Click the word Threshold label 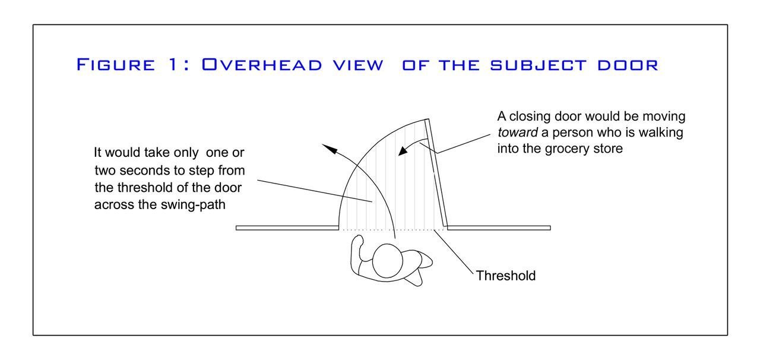(x=506, y=276)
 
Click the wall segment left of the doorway (x=287, y=228)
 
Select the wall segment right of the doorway (x=499, y=228)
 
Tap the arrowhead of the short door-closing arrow (x=400, y=152)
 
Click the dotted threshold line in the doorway (x=392, y=229)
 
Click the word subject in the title (x=538, y=64)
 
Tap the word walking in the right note (x=660, y=132)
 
